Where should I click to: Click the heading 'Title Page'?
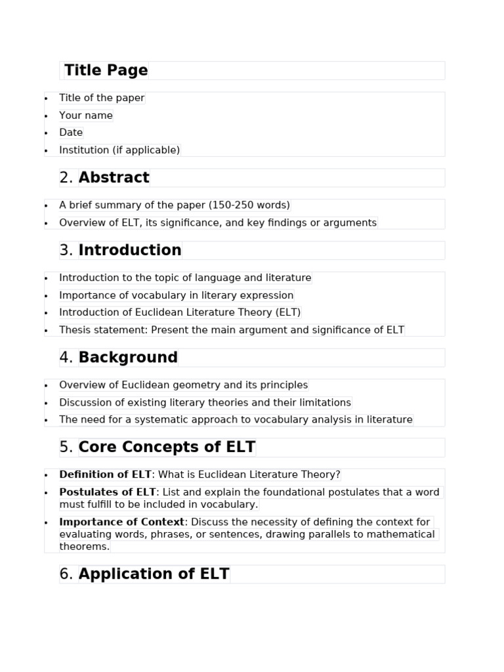click(106, 70)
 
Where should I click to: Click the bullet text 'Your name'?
click(86, 115)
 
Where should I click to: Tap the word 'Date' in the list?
click(71, 133)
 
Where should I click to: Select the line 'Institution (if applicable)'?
click(119, 150)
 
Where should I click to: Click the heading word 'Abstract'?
click(114, 178)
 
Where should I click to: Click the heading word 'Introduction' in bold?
click(130, 250)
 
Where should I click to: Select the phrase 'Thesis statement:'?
click(104, 330)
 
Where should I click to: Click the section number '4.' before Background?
click(66, 358)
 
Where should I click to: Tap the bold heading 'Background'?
click(128, 358)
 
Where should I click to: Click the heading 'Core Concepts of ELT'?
click(167, 448)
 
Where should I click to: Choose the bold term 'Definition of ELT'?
click(106, 474)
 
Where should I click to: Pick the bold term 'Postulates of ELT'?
click(108, 492)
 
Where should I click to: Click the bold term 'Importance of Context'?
click(122, 522)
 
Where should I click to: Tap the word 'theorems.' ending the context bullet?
click(85, 547)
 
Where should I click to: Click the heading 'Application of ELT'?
click(154, 574)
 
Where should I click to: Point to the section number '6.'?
click(66, 574)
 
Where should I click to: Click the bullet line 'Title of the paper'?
click(102, 98)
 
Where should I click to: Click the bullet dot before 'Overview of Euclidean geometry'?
click(46, 386)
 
